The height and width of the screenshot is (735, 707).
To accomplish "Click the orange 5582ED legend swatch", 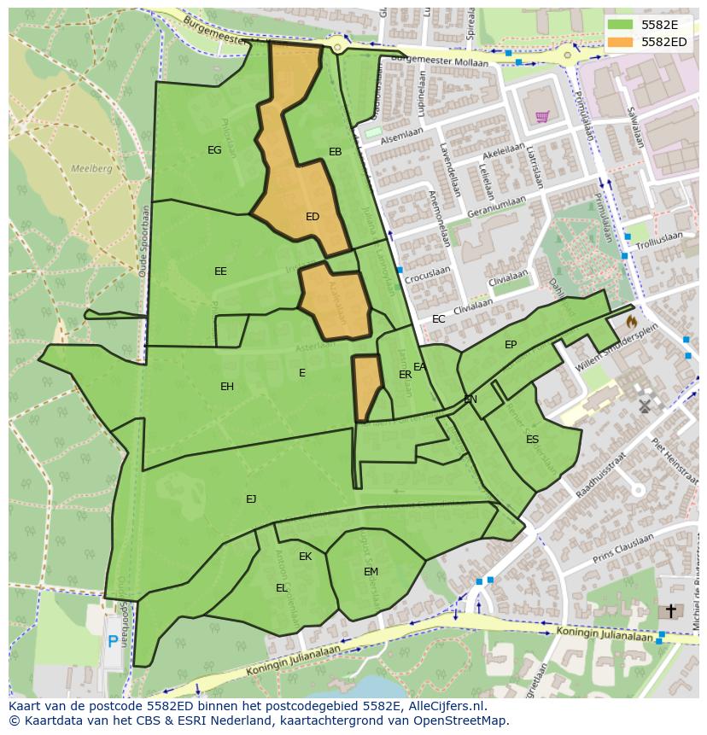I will pyautogui.click(x=621, y=41).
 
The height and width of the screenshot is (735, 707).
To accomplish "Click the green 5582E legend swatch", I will pyautogui.click(x=621, y=25).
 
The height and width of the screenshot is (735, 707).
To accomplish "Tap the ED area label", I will pyautogui.click(x=313, y=217).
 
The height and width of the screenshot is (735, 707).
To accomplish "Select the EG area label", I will pyautogui.click(x=214, y=150).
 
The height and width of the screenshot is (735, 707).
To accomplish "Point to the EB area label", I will pyautogui.click(x=336, y=152).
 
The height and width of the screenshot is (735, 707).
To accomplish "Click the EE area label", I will pyautogui.click(x=220, y=271).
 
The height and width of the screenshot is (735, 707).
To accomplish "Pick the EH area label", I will pyautogui.click(x=227, y=387).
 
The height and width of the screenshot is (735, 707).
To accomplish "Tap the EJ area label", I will pyautogui.click(x=251, y=499).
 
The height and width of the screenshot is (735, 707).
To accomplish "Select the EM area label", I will pyautogui.click(x=371, y=572).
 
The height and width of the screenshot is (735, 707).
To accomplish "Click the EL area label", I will pyautogui.click(x=282, y=588).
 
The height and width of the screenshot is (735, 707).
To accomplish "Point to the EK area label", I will pyautogui.click(x=305, y=557).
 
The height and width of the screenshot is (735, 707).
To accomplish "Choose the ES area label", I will pyautogui.click(x=533, y=440).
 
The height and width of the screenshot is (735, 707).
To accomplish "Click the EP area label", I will pyautogui.click(x=511, y=345).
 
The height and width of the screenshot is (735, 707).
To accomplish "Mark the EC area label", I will pyautogui.click(x=439, y=319).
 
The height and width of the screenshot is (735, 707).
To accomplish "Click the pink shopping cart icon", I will pyautogui.click(x=541, y=116).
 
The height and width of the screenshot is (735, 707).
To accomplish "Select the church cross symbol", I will pyautogui.click(x=671, y=610).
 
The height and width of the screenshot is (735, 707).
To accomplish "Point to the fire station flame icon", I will pyautogui.click(x=631, y=322).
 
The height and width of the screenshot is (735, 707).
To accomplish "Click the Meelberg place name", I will pyautogui.click(x=92, y=169).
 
